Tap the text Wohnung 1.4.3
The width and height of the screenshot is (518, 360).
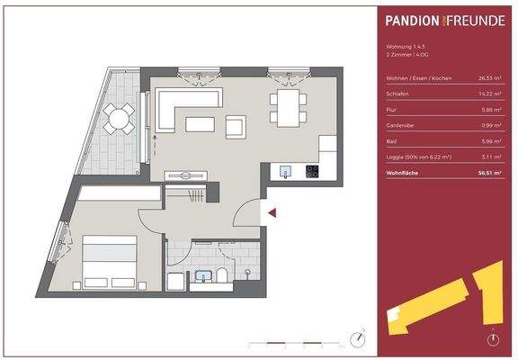(x=401, y=47)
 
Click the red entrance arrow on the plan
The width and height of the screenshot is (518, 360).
(x=272, y=213)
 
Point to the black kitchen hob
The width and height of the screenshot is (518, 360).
(x=313, y=171)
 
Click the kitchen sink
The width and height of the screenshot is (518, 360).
(x=286, y=169)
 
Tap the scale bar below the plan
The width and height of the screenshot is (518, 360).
(x=297, y=342)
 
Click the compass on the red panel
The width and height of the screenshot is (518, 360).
(x=492, y=339)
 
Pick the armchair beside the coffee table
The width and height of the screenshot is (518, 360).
(x=236, y=127)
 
